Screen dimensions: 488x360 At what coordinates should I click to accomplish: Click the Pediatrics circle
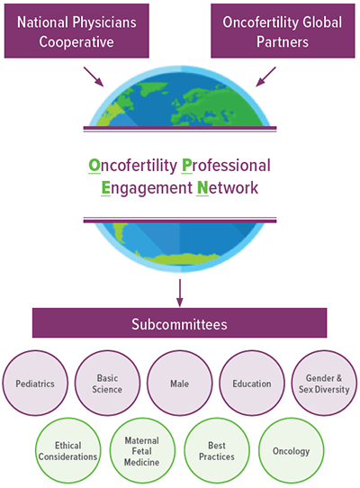pos(35,384)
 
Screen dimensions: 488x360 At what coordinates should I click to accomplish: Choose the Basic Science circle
pos(107,384)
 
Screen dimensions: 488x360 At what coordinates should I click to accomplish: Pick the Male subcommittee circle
pos(179,384)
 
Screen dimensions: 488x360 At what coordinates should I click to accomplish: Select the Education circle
pos(251,384)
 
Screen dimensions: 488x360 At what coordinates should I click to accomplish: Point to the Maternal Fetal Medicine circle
pos(141,450)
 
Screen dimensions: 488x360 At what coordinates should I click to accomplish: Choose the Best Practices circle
pos(215,450)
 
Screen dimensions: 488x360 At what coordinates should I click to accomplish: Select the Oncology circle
pos(290,450)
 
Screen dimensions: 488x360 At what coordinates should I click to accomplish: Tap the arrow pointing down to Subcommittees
pos(180,291)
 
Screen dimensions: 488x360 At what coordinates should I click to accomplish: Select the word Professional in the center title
pos(226,167)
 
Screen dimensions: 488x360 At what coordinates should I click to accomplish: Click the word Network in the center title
pos(227,188)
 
